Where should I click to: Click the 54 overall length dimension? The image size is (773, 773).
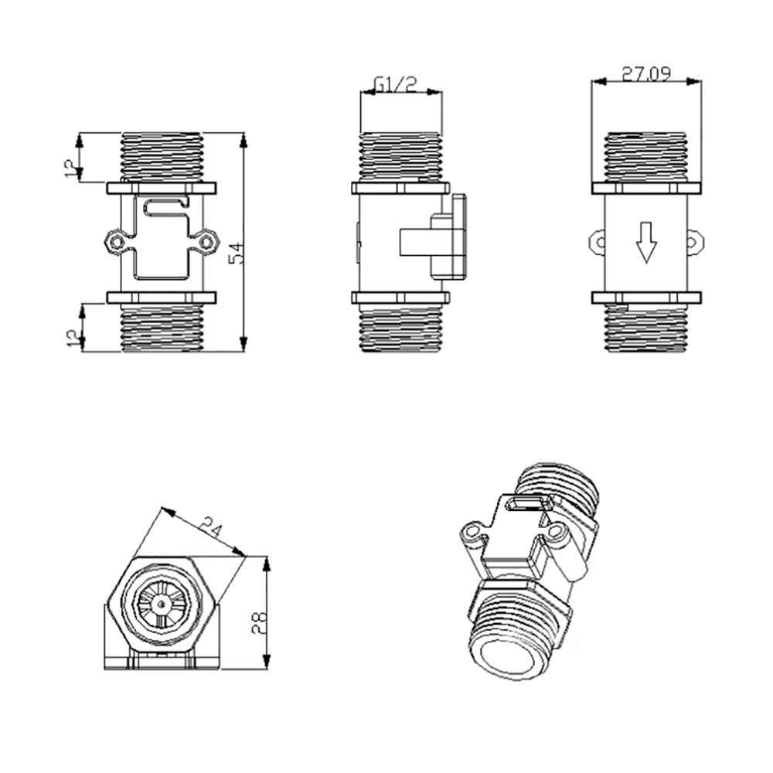(x=237, y=253)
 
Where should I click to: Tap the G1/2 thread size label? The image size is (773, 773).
(x=395, y=83)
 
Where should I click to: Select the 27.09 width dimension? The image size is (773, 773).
(x=646, y=74)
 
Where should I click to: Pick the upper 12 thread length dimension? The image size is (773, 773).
(x=72, y=168)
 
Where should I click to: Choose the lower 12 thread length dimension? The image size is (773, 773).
(x=73, y=338)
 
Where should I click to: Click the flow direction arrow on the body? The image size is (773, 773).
(x=646, y=242)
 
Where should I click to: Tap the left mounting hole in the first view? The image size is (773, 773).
(x=117, y=242)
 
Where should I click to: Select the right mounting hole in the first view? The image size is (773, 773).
(x=206, y=242)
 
